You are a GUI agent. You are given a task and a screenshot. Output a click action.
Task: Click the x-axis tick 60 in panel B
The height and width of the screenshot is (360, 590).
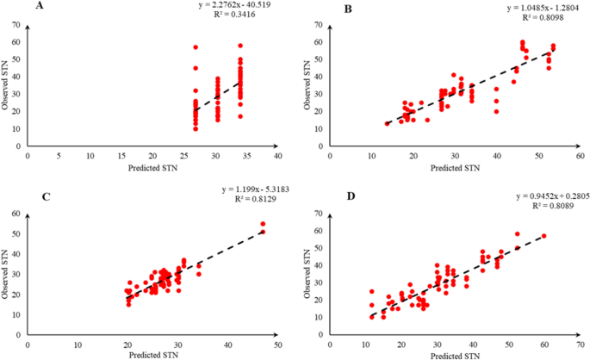[579, 156]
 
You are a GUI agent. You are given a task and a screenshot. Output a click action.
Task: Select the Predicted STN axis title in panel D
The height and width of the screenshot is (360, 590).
[456, 355]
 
